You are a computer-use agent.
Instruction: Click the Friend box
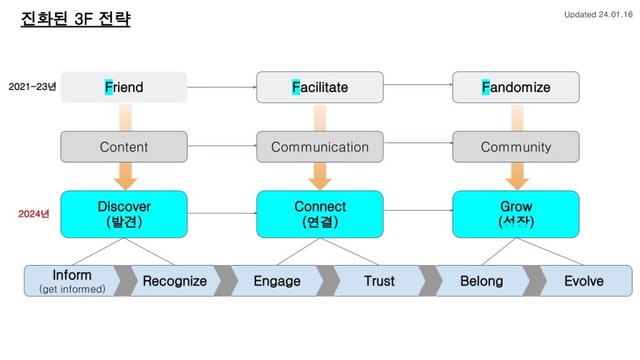click(x=124, y=87)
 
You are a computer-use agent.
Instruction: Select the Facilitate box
click(x=319, y=87)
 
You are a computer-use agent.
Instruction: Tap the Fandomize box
click(x=516, y=87)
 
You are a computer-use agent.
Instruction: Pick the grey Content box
click(x=124, y=146)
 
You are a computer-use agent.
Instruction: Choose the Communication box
click(x=319, y=146)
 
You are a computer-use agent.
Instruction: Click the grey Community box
click(x=516, y=146)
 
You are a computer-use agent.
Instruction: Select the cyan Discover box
click(x=124, y=214)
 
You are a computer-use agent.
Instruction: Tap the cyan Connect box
click(x=319, y=214)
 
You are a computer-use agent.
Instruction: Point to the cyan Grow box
click(x=516, y=214)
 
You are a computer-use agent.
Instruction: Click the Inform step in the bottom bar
click(x=72, y=281)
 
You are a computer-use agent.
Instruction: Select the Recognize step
click(x=175, y=281)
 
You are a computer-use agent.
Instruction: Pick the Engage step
click(x=277, y=281)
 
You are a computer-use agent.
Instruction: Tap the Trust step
click(x=379, y=281)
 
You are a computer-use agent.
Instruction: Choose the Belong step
click(x=482, y=281)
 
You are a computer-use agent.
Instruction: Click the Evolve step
click(x=584, y=281)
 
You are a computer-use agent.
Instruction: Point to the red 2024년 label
click(x=34, y=214)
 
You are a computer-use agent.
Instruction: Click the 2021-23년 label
click(x=32, y=86)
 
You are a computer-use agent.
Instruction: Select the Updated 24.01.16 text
click(x=598, y=15)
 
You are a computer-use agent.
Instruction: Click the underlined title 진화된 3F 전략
click(x=76, y=19)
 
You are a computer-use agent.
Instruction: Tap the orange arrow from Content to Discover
click(x=125, y=176)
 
